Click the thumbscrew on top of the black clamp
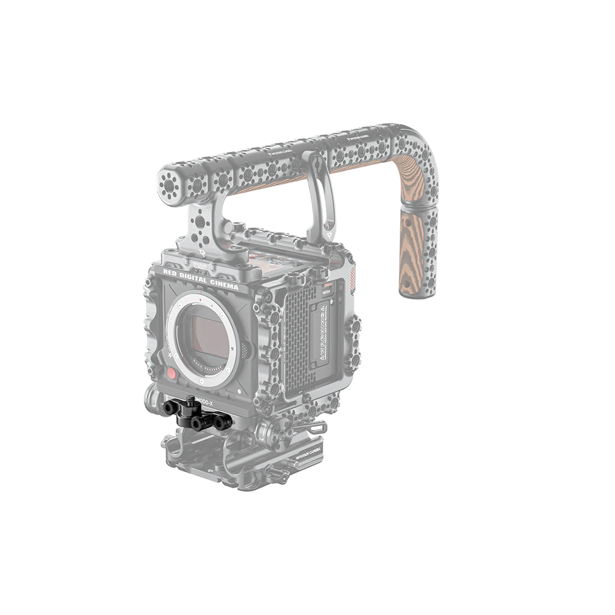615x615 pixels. [x=191, y=400]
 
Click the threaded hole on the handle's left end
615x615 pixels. [x=167, y=183]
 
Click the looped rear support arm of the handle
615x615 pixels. [x=320, y=197]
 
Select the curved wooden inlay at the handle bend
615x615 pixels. [x=411, y=172]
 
